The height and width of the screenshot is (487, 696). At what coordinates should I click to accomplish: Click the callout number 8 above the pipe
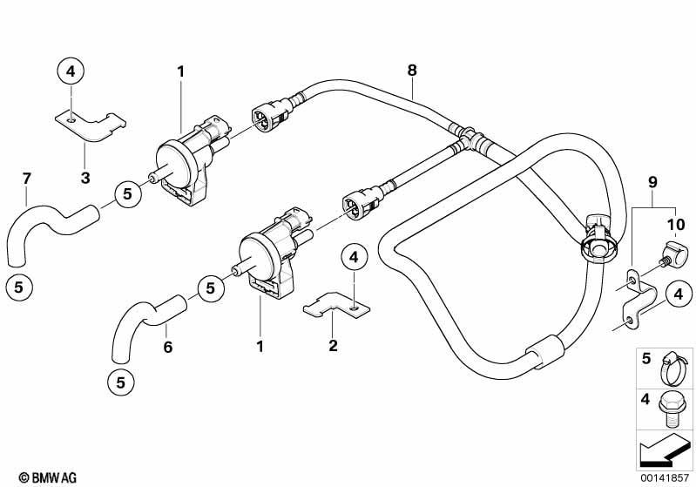pos(412,71)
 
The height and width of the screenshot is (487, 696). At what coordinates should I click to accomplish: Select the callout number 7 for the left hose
pos(27,179)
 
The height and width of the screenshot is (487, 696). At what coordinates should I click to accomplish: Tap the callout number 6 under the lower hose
pos(167,347)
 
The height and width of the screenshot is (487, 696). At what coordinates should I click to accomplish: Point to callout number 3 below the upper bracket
pos(85,178)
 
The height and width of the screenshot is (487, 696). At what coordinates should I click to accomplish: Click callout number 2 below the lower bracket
pos(333,345)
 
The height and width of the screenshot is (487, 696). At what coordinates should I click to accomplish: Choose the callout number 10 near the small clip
pos(676,225)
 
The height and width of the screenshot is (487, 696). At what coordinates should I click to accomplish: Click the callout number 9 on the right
pos(652,182)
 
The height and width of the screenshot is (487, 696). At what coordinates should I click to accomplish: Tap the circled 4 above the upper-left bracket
pos(71,71)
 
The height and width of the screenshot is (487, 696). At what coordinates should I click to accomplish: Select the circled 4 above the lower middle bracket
pos(354,257)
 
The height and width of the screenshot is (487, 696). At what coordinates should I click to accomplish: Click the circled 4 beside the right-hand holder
pos(679,294)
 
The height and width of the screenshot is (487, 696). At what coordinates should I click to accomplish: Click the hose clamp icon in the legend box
pos(672,369)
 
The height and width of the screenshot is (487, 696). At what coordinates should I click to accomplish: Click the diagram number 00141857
pos(664,477)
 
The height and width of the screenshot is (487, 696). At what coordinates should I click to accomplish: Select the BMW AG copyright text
pos(48,477)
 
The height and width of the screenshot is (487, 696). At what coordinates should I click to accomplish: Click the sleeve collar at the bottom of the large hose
pos(544,351)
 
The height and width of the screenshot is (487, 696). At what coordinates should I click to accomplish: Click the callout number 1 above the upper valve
pos(180,71)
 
